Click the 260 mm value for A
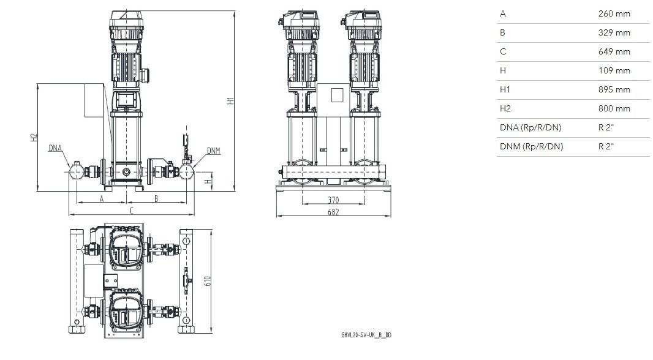tap(614, 13)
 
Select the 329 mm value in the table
tap(614, 32)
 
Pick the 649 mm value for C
tap(614, 51)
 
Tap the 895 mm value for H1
tap(614, 89)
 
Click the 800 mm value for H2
tap(614, 108)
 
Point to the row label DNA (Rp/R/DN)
tap(530, 127)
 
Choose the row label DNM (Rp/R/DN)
tap(531, 146)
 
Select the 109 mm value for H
tap(614, 71)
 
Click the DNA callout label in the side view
tap(55, 148)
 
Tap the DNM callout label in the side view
tap(214, 151)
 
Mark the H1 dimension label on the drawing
tap(231, 100)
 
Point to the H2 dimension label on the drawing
tap(34, 137)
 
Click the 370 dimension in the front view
tap(333, 200)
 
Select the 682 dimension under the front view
tap(333, 212)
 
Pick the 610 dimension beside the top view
tap(208, 281)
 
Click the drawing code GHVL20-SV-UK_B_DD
tap(366, 335)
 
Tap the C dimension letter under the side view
tap(132, 211)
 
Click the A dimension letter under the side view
tap(101, 200)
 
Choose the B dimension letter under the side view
tap(156, 199)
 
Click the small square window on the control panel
tap(338, 95)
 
